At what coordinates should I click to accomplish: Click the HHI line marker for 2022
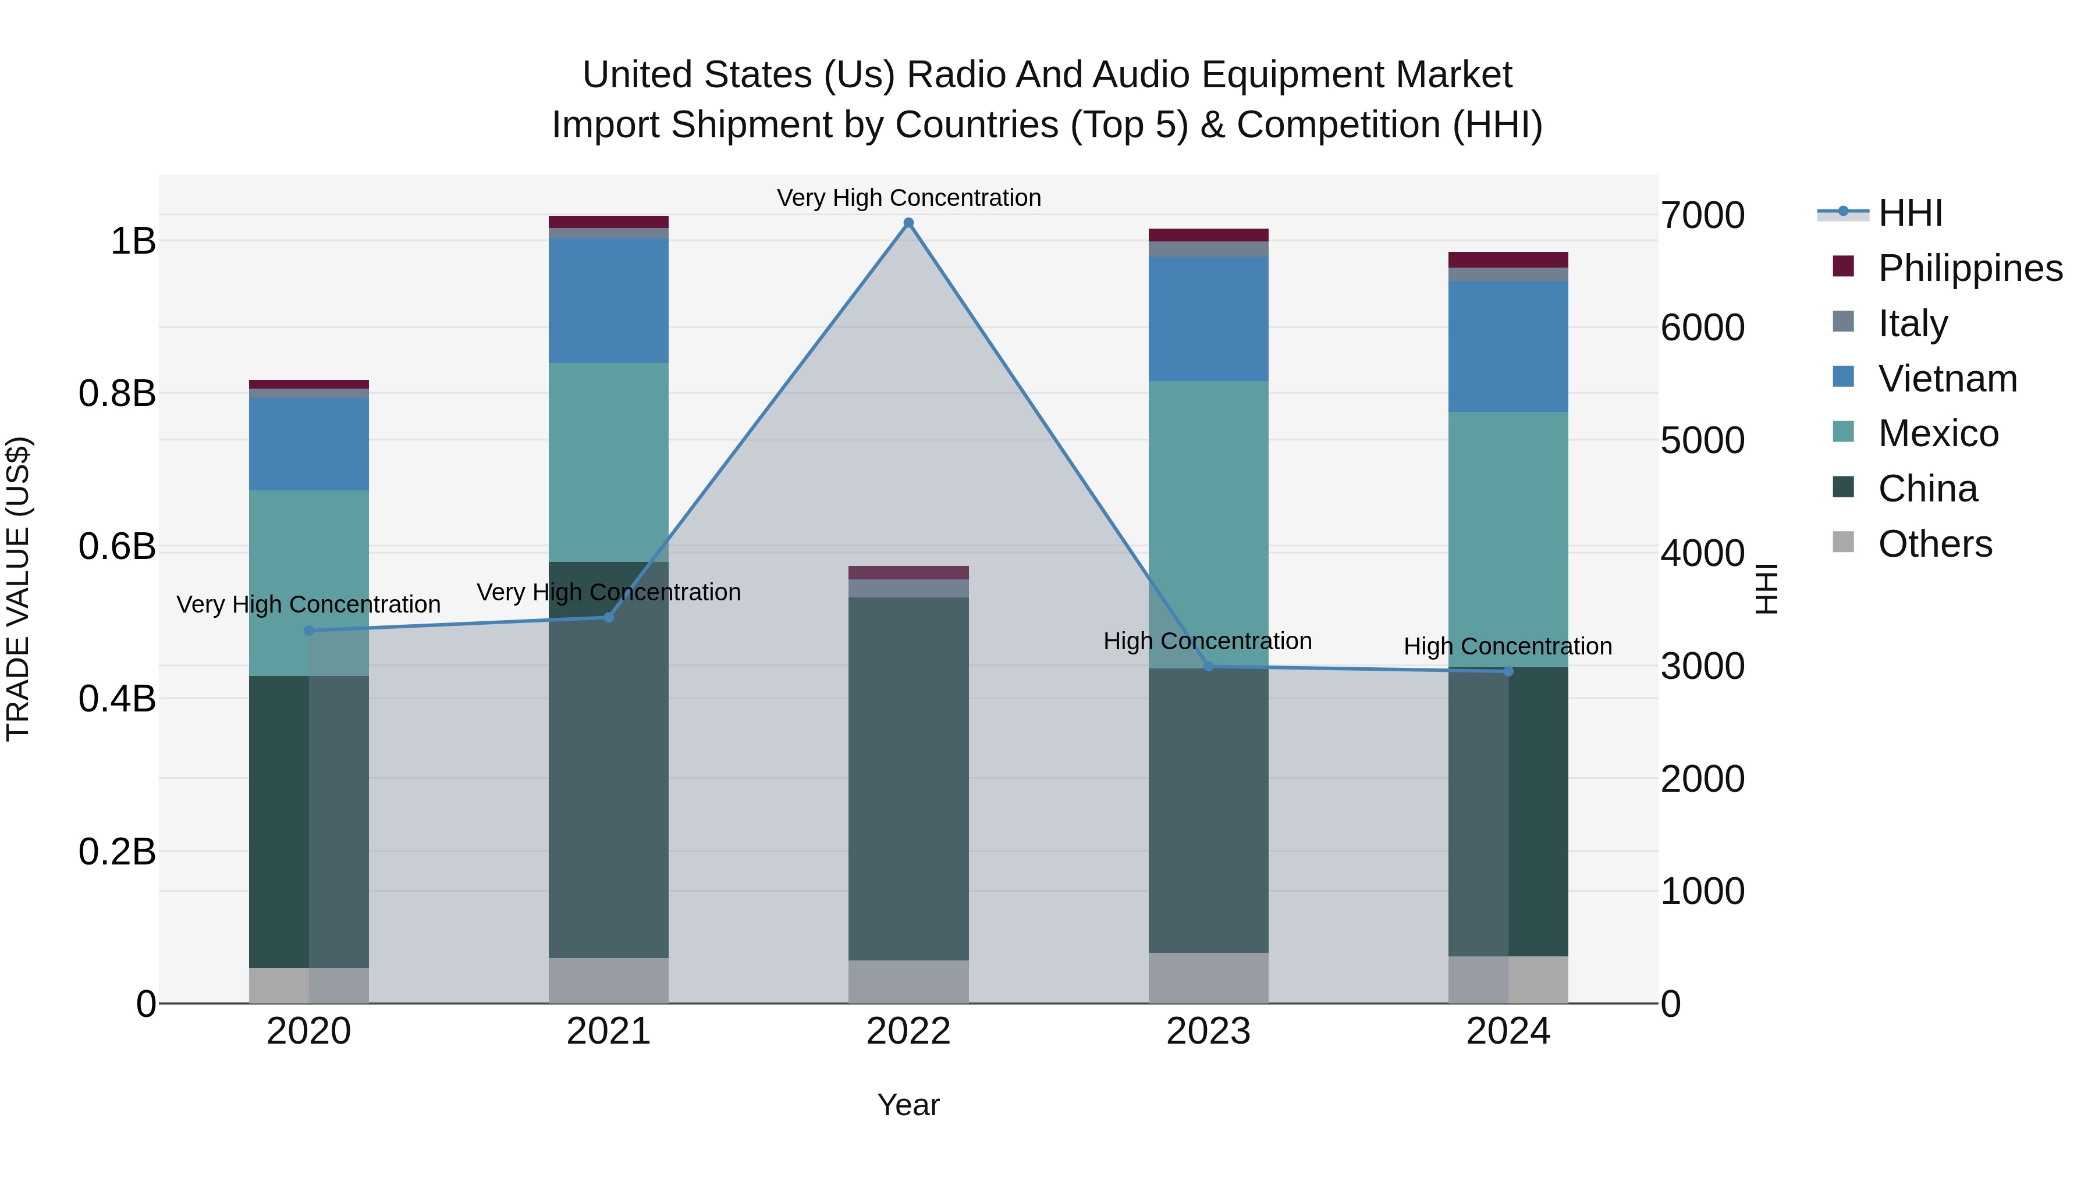tap(908, 223)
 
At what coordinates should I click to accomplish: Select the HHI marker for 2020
tap(309, 631)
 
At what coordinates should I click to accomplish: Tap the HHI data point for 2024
tap(1508, 671)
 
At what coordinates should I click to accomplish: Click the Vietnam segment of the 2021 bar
tap(608, 301)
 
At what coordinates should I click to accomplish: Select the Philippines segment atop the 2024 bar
tap(1508, 259)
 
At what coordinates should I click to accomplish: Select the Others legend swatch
tap(1843, 542)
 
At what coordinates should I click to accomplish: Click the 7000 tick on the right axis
tap(1702, 215)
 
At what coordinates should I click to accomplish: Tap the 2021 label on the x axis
tap(608, 1031)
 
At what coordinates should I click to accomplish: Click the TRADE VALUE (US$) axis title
tap(18, 589)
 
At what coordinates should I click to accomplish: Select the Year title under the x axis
tap(908, 1105)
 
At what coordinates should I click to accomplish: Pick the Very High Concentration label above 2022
tap(908, 198)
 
